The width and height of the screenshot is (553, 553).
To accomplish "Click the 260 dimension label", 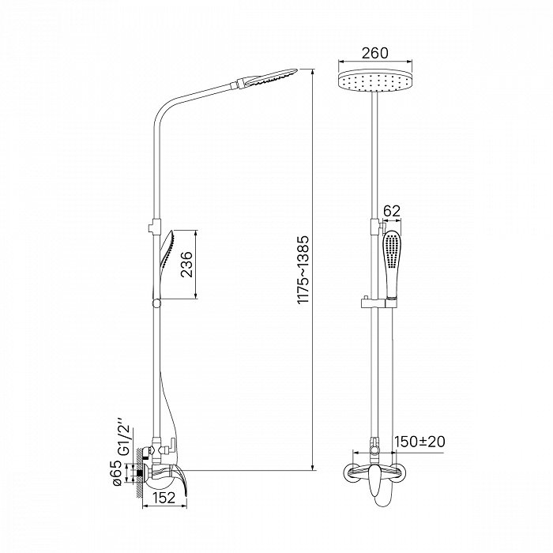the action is pos(374,53).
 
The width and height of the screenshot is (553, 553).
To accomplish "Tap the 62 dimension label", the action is pos(392,211).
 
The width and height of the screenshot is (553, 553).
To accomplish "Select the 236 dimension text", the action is pos(187,265).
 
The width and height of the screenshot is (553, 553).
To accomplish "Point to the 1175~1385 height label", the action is pos(303,270).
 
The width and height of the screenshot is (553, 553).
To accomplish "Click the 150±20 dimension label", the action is pos(419,442).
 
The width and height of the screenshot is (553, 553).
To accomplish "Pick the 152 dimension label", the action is pos(164,498).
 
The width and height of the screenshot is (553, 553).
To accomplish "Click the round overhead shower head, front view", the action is pos(375,82).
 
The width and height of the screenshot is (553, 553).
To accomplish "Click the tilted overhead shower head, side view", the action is pos(266,77).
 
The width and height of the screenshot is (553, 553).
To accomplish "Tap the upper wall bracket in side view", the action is pos(154,226).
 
